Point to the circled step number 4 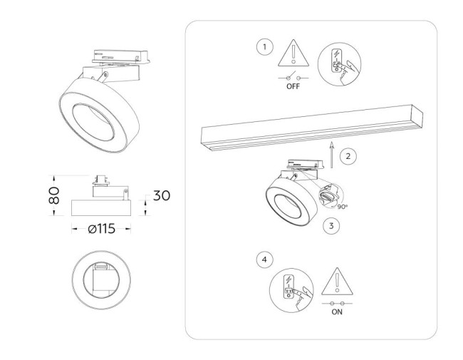(x=265, y=260)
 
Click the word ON (x=337, y=311)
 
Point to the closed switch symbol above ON (x=337, y=302)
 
